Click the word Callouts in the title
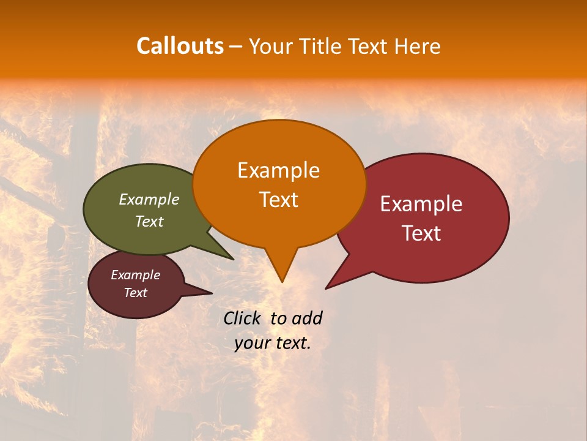[180, 46]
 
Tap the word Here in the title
[418, 46]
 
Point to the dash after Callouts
[235, 47]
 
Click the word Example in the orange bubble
[278, 170]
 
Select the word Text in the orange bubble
[278, 200]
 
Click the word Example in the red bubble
[421, 204]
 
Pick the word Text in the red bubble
[421, 233]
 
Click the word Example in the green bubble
[149, 199]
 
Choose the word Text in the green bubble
[149, 221]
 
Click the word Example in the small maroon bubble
[136, 275]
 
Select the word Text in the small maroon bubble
[136, 293]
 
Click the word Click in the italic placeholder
[244, 318]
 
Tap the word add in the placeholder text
[307, 318]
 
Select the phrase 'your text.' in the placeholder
[273, 342]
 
